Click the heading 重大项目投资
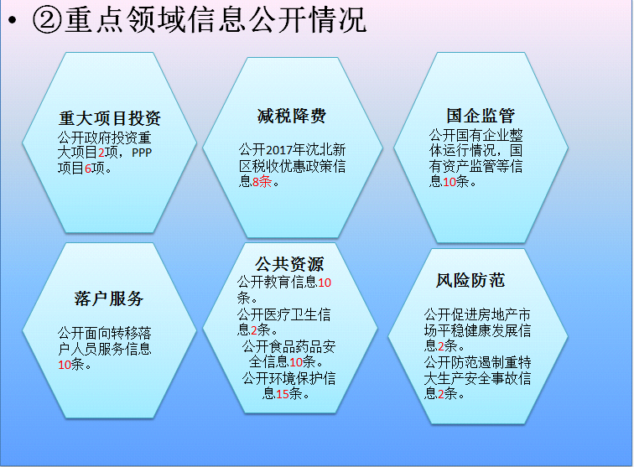tap(110, 118)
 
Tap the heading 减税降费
tap(292, 116)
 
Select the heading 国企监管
tap(481, 116)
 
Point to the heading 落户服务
tap(109, 298)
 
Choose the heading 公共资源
tap(289, 264)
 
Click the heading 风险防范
tap(470, 280)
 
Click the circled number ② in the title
tap(47, 20)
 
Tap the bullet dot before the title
tap(12, 20)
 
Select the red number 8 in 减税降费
tap(256, 182)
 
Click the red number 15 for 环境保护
tap(283, 393)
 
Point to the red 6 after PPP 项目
tap(88, 169)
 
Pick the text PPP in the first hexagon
tap(142, 153)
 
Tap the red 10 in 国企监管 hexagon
tap(450, 182)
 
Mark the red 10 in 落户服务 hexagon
tap(65, 365)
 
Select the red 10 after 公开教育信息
tap(325, 283)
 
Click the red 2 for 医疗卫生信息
tap(254, 330)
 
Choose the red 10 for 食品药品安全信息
tap(296, 362)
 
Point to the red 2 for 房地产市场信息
tap(441, 346)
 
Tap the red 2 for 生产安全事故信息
tap(441, 393)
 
